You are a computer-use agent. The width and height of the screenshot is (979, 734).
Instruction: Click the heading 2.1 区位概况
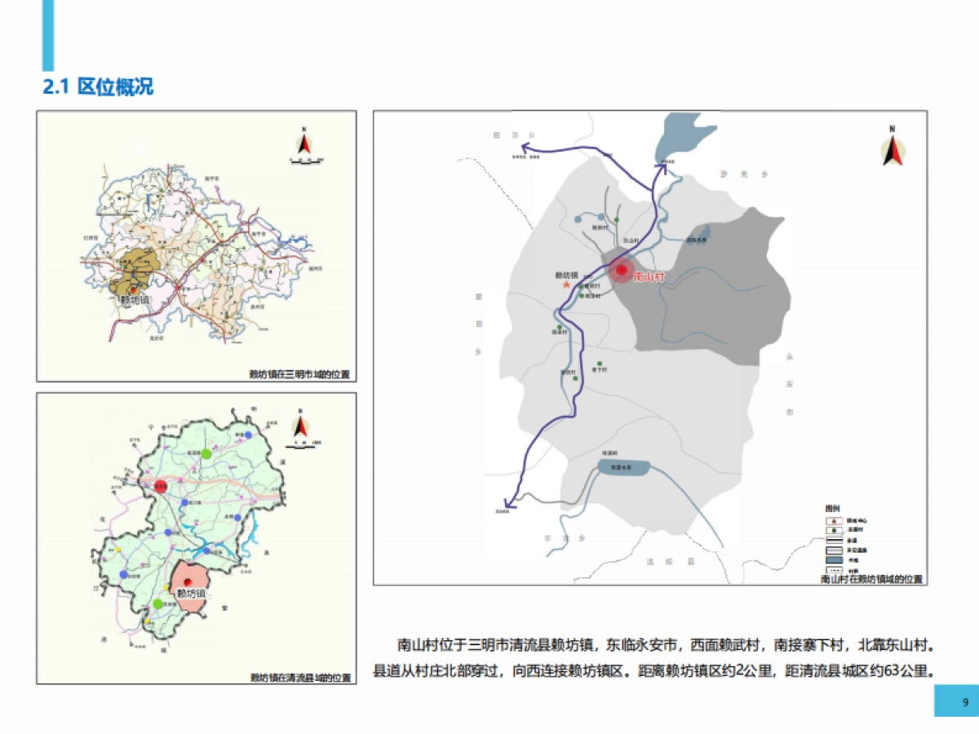coord(98,86)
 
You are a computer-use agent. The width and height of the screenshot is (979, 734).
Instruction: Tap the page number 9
coord(965,702)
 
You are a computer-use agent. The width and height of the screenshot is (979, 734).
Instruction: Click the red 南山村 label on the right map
coord(649,278)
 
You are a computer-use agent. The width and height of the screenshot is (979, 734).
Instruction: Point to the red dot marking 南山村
coord(622,270)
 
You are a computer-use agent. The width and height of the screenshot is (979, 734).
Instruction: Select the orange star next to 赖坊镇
coord(566,285)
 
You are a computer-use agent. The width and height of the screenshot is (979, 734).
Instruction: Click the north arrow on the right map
coord(893,149)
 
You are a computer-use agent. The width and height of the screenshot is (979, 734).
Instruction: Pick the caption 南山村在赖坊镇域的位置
coord(871,579)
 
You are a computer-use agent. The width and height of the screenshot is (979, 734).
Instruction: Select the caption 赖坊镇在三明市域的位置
coord(299,375)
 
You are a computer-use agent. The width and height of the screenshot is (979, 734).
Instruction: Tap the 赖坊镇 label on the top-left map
coord(135,300)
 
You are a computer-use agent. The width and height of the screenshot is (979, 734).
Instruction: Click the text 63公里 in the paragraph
coord(906,671)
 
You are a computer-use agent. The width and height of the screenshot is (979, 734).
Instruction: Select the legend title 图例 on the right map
coord(831,507)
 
